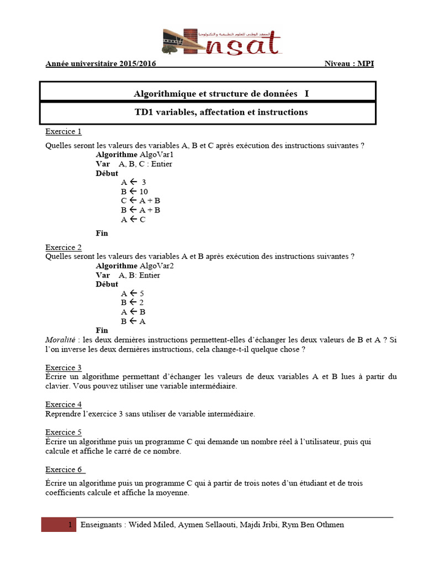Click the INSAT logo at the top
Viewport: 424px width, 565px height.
(x=222, y=42)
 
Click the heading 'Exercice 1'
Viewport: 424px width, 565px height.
(x=63, y=131)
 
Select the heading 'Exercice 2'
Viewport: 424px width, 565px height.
(x=63, y=247)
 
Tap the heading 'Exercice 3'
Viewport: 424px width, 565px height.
(x=63, y=367)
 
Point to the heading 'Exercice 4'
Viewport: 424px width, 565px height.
(x=63, y=404)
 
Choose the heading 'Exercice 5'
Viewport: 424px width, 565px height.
(x=63, y=432)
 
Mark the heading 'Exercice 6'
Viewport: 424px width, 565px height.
(x=64, y=470)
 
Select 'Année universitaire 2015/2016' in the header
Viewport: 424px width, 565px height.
(x=100, y=63)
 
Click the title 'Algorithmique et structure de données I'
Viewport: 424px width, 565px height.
(x=221, y=93)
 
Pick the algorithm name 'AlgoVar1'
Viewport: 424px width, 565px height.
(x=156, y=154)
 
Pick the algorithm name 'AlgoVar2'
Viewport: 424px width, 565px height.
(x=156, y=265)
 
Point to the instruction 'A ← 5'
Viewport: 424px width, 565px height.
(x=132, y=294)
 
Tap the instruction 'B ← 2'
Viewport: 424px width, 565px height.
(x=132, y=302)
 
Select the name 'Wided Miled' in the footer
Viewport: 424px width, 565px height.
(x=148, y=525)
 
